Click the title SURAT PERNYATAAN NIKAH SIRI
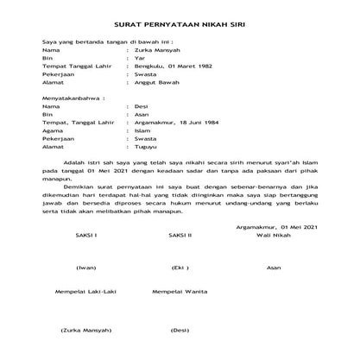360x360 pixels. [x=180, y=27]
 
